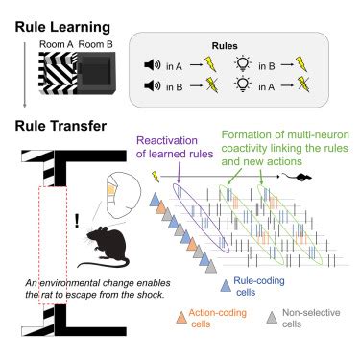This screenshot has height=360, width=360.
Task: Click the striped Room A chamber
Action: (x=54, y=71)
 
